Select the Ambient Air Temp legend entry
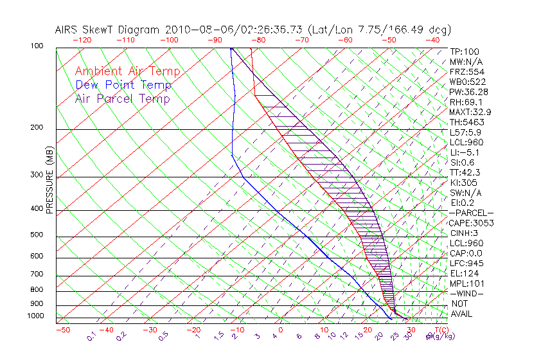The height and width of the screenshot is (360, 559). click(127, 71)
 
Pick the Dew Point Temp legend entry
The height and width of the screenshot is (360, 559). click(123, 85)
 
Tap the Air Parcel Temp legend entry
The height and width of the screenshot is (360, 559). click(122, 98)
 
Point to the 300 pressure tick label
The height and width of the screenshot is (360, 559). click(37, 174)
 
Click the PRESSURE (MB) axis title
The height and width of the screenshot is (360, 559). click(49, 181)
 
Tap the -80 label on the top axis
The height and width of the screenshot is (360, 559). click(258, 39)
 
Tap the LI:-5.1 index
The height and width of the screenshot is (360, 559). click(464, 152)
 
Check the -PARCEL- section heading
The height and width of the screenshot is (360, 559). click(471, 213)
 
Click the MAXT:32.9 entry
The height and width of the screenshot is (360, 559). click(470, 112)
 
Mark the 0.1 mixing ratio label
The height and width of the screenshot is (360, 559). click(91, 336)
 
